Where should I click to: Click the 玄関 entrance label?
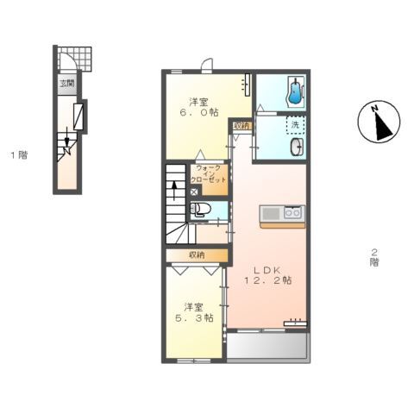click(x=67, y=84)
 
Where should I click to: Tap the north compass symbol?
click(x=379, y=122)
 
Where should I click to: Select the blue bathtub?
click(x=295, y=91)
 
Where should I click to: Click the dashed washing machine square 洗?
click(x=295, y=125)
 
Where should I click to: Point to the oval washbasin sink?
click(x=297, y=147)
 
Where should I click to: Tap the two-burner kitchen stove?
click(x=292, y=213)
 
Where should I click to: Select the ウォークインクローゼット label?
click(x=209, y=174)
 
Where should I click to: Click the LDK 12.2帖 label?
click(x=267, y=275)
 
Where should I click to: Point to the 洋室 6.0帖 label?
click(x=199, y=107)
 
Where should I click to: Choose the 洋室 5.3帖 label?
click(x=194, y=312)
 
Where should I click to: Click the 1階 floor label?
click(x=20, y=155)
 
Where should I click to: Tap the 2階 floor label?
click(x=374, y=257)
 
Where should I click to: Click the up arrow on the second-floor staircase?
click(x=174, y=191)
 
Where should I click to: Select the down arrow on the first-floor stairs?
click(x=67, y=137)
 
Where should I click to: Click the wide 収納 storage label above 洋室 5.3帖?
click(x=197, y=254)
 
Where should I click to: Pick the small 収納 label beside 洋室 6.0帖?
click(x=242, y=126)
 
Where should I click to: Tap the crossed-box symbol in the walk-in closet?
click(x=194, y=192)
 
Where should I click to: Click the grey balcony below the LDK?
click(x=268, y=346)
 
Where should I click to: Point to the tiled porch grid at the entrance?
click(x=75, y=59)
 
